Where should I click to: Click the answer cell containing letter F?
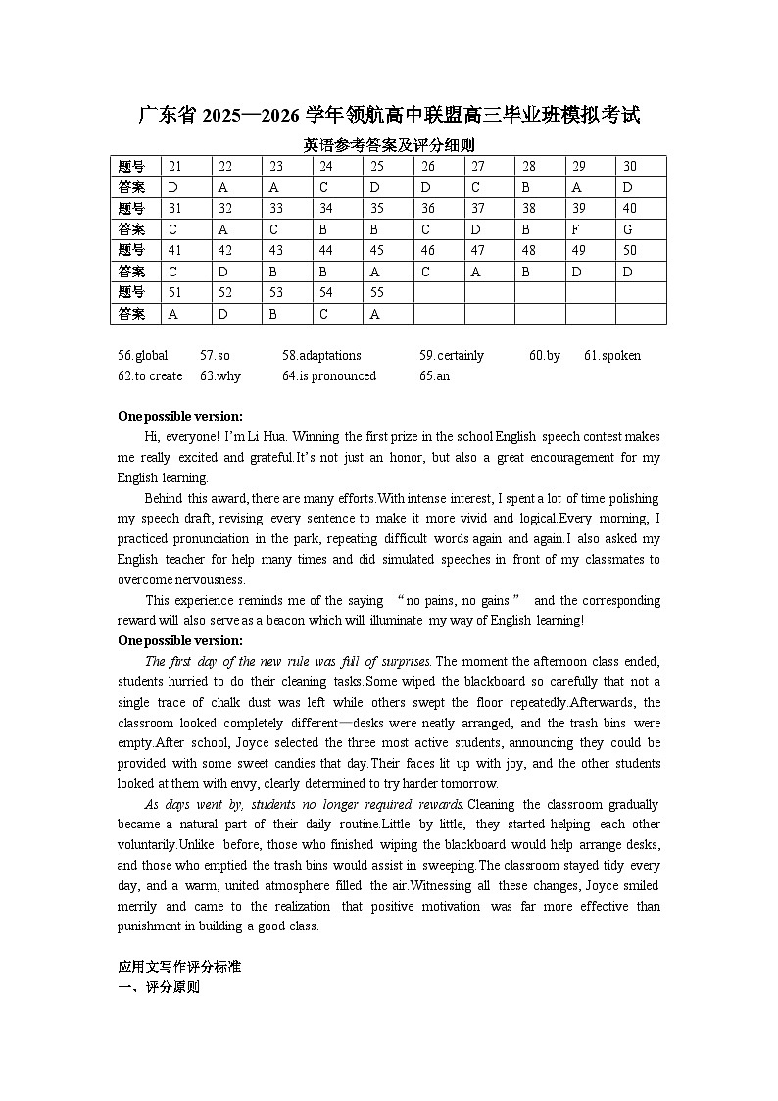(x=577, y=229)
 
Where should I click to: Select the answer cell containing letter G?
(x=628, y=229)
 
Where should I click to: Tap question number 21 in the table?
(x=175, y=167)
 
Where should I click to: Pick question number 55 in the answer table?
(x=377, y=292)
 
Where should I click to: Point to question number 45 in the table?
(x=377, y=250)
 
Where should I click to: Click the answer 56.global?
(x=143, y=356)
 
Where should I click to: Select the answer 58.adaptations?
(x=321, y=356)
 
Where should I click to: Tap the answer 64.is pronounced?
(x=329, y=376)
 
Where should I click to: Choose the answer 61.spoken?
(x=612, y=356)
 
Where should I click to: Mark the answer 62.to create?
(x=150, y=376)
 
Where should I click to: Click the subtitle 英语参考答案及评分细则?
(x=389, y=145)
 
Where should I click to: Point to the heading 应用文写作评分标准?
(x=179, y=967)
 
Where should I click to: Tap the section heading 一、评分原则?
(x=159, y=987)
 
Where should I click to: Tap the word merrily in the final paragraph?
(x=139, y=907)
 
